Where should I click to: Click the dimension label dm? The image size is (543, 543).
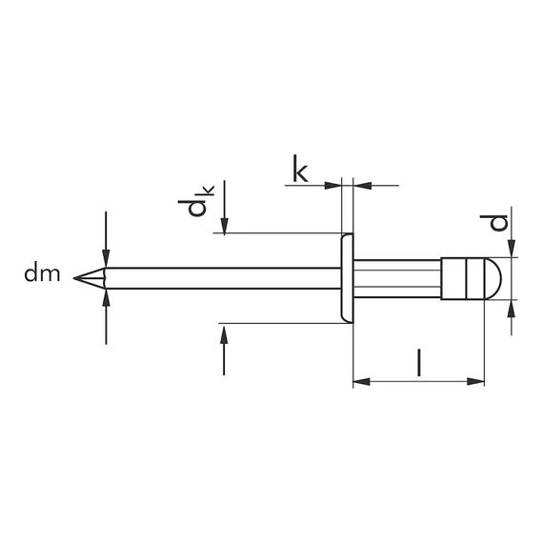pyautogui.click(x=42, y=273)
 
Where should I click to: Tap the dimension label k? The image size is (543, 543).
pyautogui.click(x=300, y=169)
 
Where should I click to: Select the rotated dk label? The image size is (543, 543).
pyautogui.click(x=196, y=201)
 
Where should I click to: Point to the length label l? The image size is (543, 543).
pyautogui.click(x=419, y=363)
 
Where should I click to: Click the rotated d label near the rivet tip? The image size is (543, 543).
pyautogui.click(x=494, y=223)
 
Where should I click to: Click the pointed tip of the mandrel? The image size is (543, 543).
pyautogui.click(x=74, y=278)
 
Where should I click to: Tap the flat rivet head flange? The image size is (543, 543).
pyautogui.click(x=347, y=278)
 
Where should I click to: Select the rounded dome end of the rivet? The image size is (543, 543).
pyautogui.click(x=493, y=278)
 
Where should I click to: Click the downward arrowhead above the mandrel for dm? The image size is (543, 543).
pyautogui.click(x=106, y=258)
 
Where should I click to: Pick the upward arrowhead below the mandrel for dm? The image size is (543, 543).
pyautogui.click(x=106, y=298)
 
